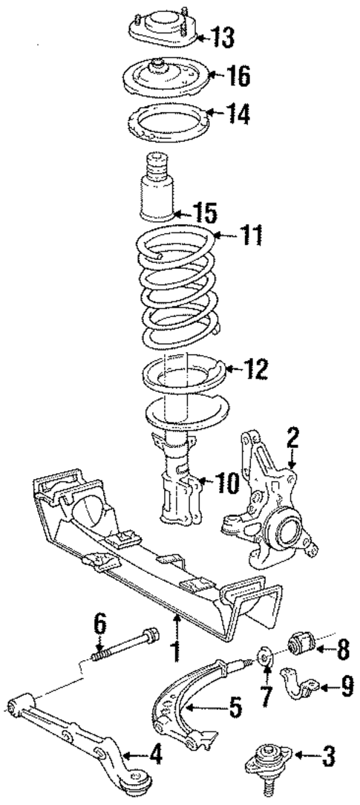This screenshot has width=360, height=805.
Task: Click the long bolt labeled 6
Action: (125, 643)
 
